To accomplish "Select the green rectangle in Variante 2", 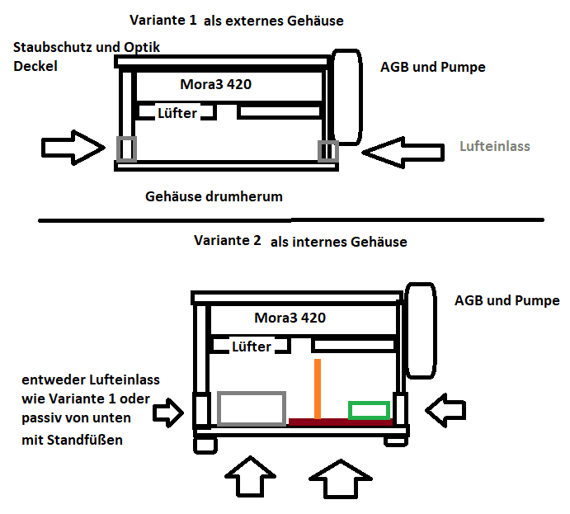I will [368, 409].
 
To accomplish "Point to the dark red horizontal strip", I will [338, 422].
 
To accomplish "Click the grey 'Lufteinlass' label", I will [494, 146].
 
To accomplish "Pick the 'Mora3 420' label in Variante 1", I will [216, 84].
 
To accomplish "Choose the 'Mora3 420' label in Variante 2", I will [290, 318].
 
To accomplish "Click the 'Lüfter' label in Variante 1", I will [177, 113].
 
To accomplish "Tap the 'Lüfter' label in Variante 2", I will [252, 347].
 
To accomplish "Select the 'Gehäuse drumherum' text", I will [214, 196].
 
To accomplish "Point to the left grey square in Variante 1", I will [126, 149].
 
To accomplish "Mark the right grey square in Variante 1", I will [327, 151].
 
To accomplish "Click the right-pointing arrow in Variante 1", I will [73, 148].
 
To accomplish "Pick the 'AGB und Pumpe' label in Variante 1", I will [434, 67].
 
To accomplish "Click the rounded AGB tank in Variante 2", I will [421, 330].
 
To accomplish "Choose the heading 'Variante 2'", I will [228, 241].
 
